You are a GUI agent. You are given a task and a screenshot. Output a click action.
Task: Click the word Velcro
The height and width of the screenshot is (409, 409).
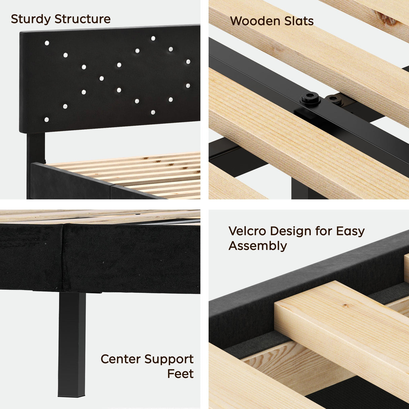247,231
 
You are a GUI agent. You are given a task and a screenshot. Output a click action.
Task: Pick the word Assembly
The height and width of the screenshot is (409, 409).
258,246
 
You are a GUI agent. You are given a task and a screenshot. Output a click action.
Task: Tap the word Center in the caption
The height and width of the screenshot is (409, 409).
121,359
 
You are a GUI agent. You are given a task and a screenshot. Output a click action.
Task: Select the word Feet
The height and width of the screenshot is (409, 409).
180,374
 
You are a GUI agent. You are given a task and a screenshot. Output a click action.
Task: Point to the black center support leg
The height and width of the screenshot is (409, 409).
72,344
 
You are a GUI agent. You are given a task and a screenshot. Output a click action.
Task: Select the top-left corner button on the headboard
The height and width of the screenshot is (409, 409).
47,43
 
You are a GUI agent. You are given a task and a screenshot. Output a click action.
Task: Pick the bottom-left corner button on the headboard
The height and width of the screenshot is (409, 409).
46,120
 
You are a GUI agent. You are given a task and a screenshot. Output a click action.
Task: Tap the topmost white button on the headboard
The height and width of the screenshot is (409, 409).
153,38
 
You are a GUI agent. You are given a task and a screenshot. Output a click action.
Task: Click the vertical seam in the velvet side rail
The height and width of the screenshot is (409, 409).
63,256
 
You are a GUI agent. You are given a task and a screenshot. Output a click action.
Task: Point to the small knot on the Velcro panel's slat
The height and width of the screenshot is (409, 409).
345,306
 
